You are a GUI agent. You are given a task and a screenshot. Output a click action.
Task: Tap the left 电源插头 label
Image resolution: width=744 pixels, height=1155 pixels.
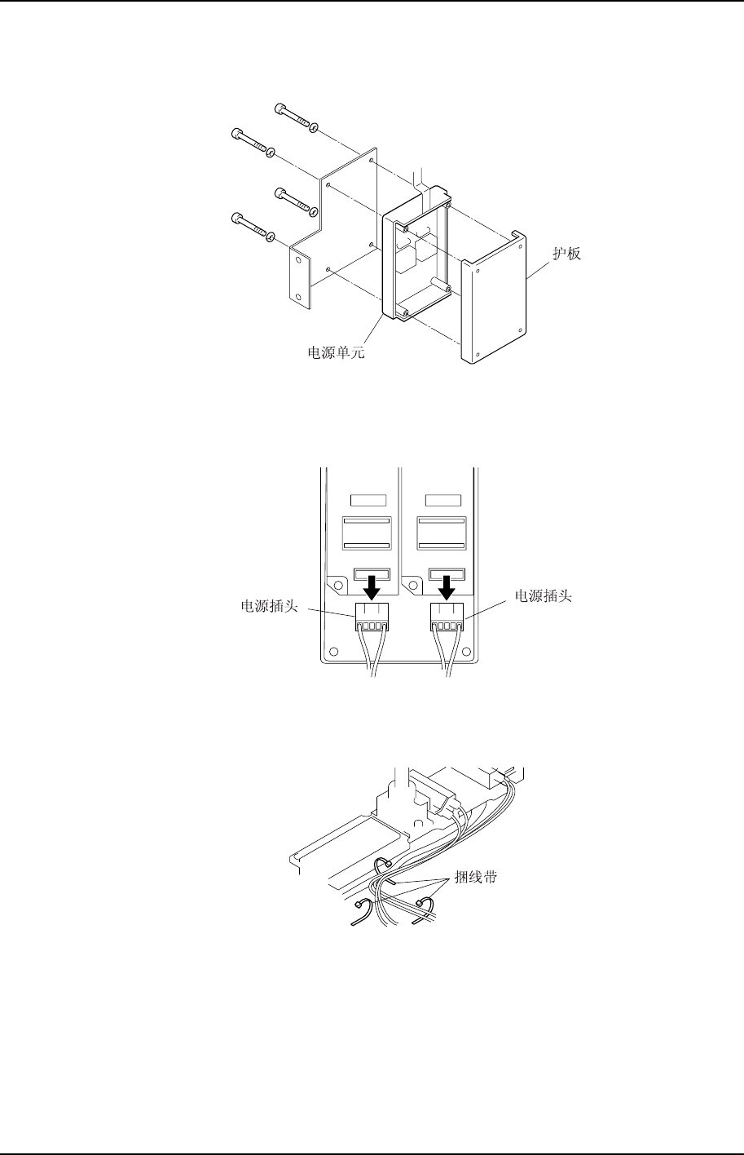coord(268,607)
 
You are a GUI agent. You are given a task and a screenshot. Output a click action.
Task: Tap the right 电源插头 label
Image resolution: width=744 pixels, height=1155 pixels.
coord(543,596)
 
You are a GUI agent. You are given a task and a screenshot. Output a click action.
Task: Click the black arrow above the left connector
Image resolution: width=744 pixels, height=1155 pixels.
coord(372,585)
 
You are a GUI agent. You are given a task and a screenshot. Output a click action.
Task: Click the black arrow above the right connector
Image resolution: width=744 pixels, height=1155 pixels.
coord(447,585)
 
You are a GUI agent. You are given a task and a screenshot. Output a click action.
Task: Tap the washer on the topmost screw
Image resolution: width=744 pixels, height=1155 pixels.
coord(315,127)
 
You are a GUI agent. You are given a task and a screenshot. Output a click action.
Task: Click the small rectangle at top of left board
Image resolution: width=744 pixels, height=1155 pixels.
coord(366,499)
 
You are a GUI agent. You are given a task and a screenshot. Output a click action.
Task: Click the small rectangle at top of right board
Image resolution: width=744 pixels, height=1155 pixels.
coord(441,499)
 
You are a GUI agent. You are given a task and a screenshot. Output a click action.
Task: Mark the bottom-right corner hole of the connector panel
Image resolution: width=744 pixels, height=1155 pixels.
coord(467,654)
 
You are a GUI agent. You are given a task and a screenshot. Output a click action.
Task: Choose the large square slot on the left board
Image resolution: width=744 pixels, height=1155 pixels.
coord(366,533)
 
